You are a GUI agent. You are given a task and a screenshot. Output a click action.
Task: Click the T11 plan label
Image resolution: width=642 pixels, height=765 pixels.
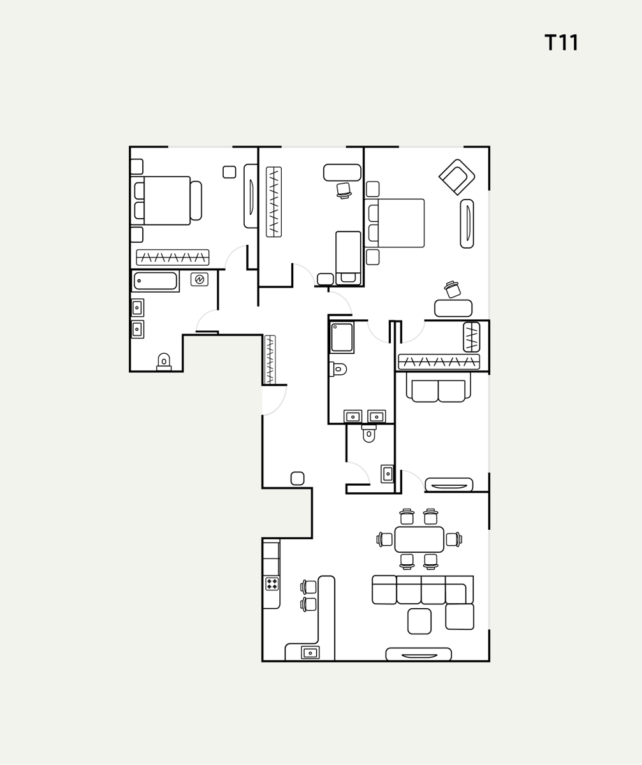[x=561, y=43]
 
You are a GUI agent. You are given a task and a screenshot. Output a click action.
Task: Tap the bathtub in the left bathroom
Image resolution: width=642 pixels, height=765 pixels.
[x=156, y=281]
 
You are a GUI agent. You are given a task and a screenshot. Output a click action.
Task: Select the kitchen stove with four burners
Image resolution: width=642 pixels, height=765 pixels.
[x=272, y=584]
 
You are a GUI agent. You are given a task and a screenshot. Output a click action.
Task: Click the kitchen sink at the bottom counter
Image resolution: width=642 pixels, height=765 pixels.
[x=310, y=653]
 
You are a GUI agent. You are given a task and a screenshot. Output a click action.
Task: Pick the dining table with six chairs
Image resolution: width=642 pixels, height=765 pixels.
[x=419, y=539]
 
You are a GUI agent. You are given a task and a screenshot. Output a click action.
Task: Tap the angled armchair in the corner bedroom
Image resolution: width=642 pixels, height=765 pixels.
[x=457, y=177]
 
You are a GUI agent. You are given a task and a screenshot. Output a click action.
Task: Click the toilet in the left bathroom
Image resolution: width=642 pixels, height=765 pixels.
[x=164, y=362]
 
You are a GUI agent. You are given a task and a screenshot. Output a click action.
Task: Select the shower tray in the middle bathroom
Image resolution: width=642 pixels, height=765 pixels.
[x=342, y=337]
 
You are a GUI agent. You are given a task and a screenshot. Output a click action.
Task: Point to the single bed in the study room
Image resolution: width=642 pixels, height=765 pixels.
[x=348, y=258]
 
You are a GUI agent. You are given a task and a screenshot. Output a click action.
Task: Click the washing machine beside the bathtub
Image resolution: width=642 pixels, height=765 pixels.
[x=200, y=280]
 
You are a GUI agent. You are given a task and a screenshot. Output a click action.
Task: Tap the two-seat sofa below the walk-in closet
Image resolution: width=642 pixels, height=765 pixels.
[x=438, y=387]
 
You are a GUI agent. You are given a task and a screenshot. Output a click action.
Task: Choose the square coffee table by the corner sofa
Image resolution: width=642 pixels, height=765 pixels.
[x=419, y=621]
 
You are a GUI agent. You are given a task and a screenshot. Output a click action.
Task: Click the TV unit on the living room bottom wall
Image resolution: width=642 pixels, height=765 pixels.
[x=418, y=654]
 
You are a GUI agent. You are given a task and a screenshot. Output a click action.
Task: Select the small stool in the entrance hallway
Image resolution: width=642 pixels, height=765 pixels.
[x=297, y=479]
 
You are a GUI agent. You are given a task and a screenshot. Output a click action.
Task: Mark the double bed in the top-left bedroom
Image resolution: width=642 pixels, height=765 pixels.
[x=166, y=200]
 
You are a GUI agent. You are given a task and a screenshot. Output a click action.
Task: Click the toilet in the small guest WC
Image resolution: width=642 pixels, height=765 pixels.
[x=368, y=433]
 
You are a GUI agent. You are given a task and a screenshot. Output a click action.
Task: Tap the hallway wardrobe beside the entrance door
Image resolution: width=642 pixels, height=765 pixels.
[x=270, y=360]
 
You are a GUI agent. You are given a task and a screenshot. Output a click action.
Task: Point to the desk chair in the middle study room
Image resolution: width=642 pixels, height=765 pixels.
[x=344, y=191]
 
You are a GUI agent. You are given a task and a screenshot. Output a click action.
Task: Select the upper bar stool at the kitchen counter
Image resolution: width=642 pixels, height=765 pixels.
[x=309, y=587]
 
